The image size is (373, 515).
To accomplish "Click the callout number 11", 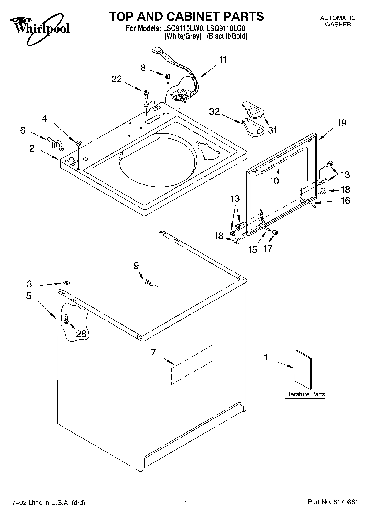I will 223,60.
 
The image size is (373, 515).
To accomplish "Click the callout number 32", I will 214,112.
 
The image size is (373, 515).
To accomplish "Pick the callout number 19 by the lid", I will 342,123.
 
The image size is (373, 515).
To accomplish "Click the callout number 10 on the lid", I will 274,181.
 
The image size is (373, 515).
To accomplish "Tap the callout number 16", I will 345,201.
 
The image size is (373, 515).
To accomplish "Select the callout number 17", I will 268,248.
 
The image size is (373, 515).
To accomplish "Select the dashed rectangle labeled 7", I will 192,365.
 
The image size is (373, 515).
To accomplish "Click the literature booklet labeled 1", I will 303,369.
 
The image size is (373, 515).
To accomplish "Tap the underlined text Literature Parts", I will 304,394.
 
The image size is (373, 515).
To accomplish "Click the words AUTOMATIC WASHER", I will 338,21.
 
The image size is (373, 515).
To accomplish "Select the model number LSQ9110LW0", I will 182,28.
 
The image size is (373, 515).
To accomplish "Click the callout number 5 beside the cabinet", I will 29,296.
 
